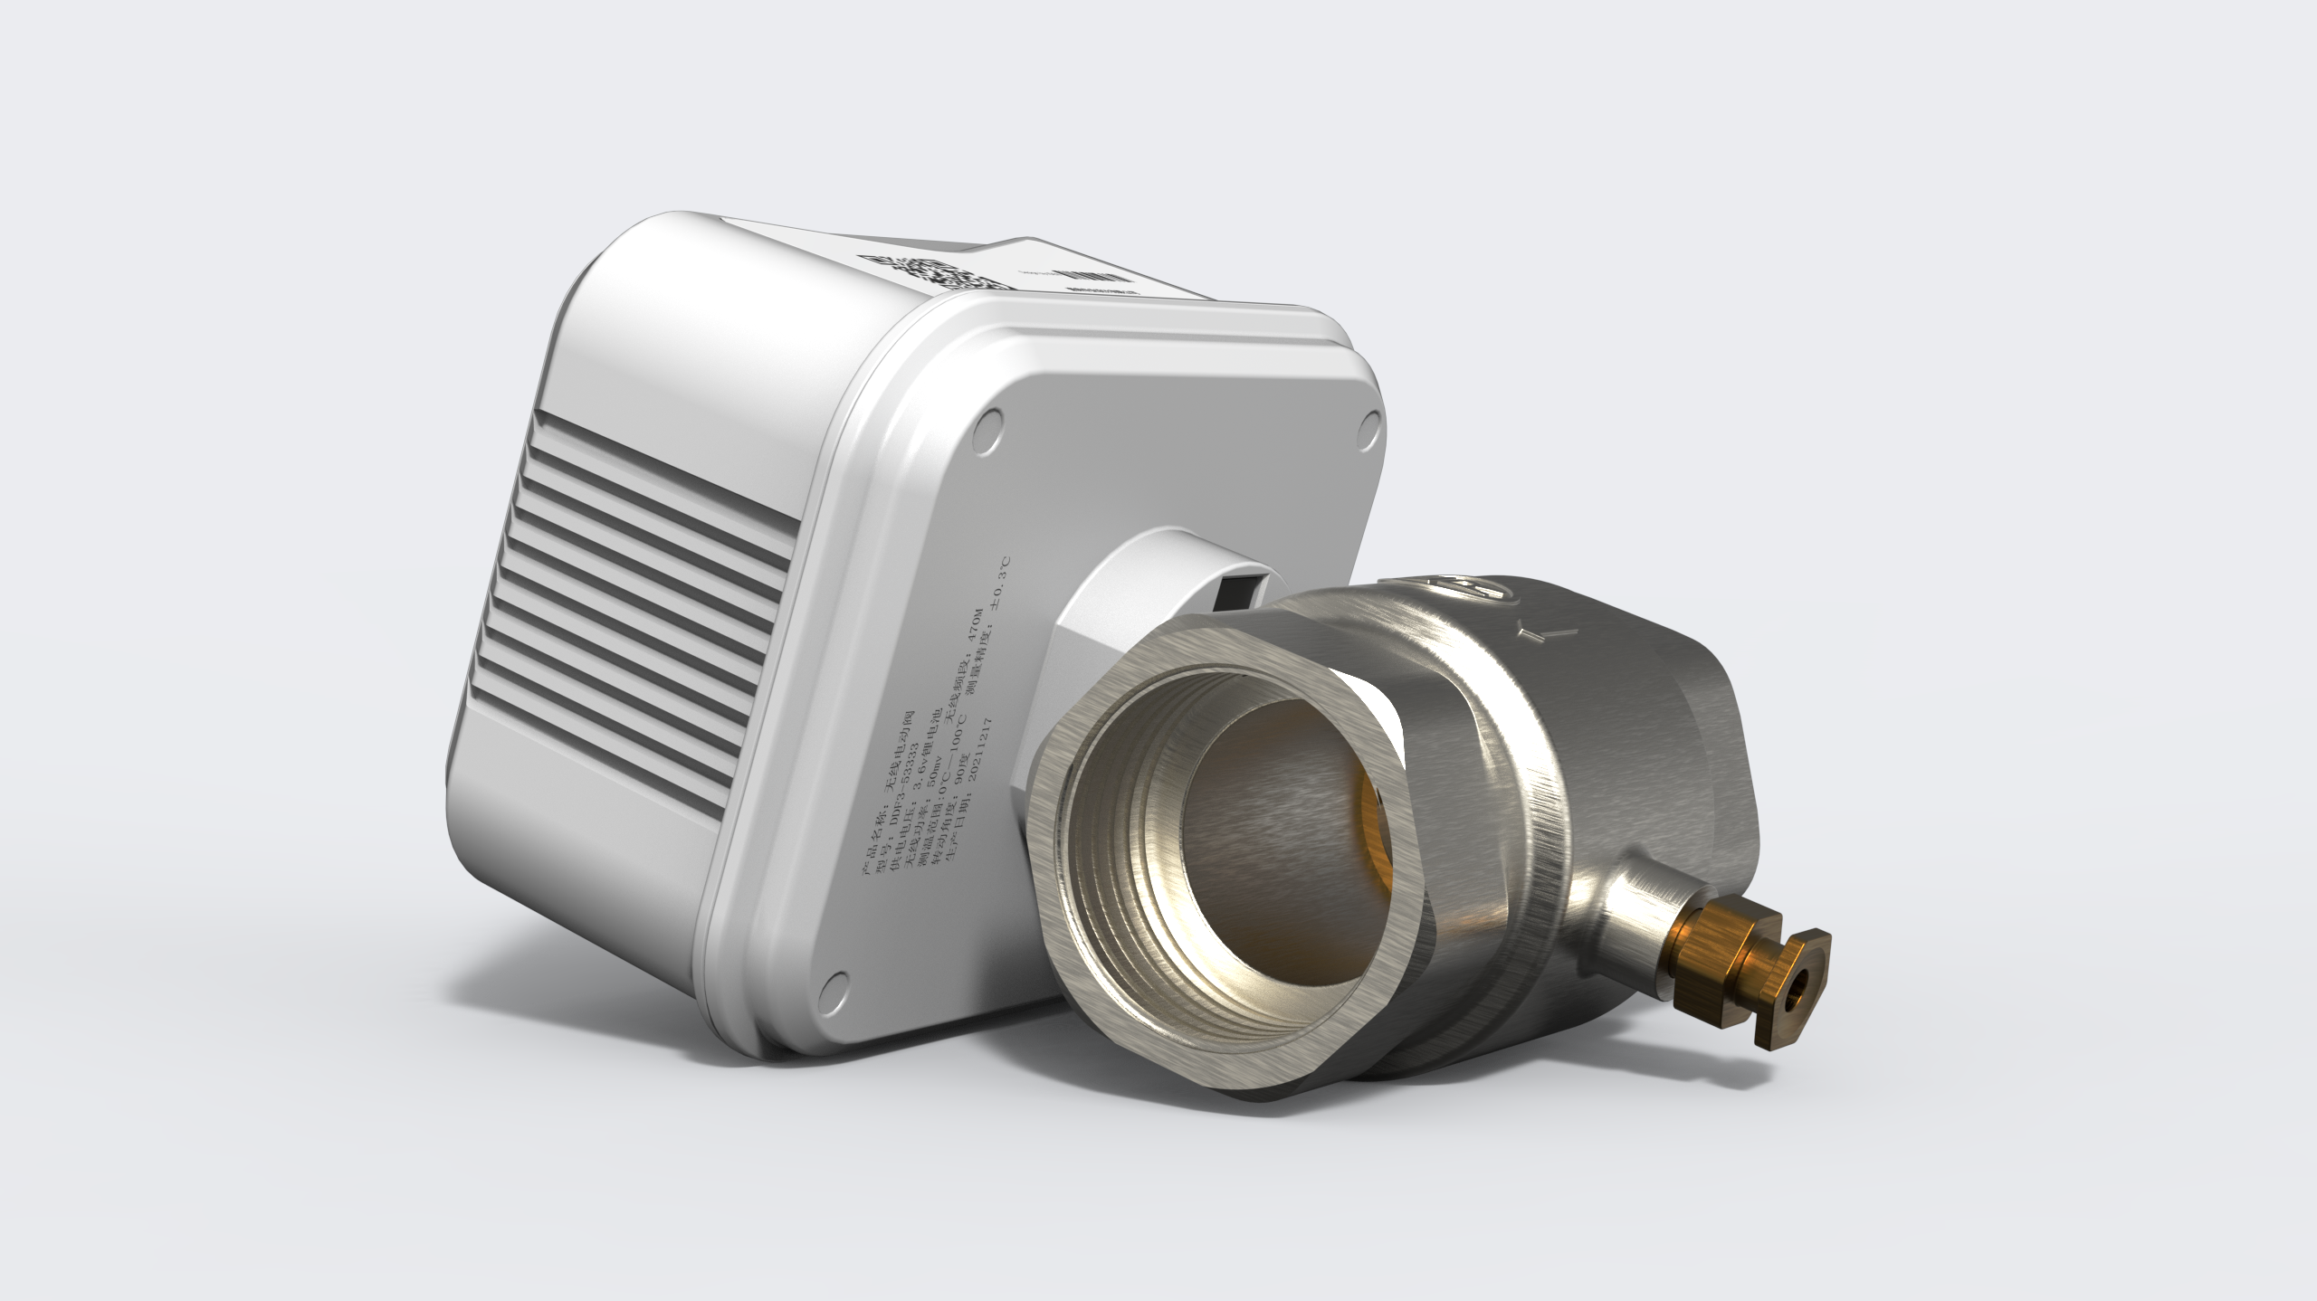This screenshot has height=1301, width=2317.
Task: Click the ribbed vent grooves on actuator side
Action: point(643,579)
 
